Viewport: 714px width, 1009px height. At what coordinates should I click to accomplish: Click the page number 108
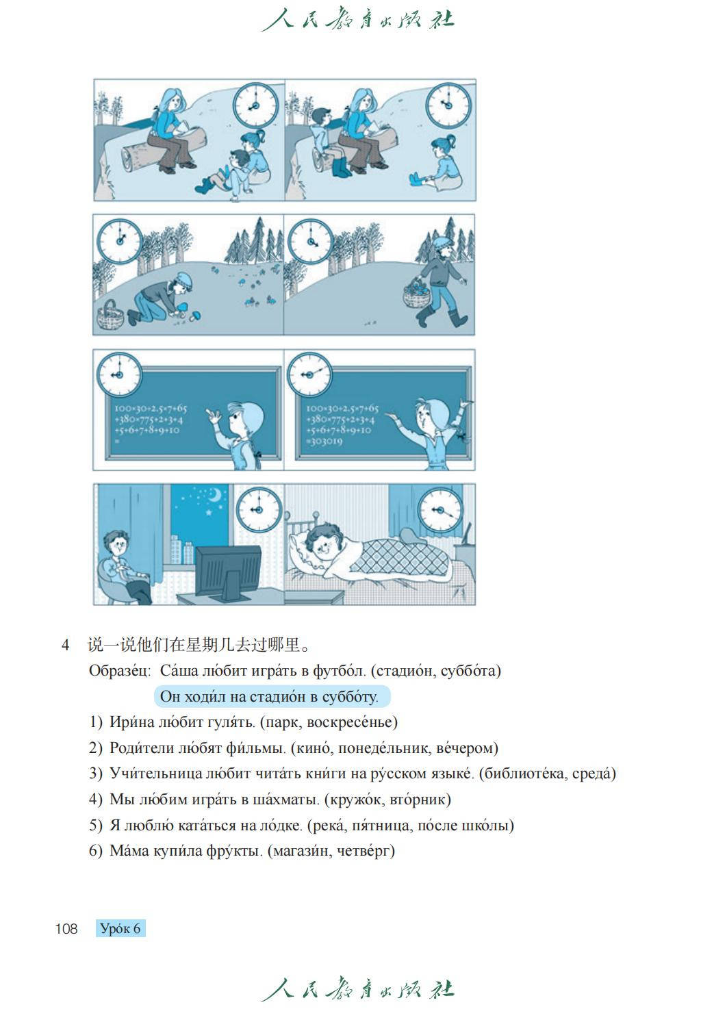click(x=66, y=928)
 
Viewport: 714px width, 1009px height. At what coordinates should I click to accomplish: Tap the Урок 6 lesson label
click(x=120, y=928)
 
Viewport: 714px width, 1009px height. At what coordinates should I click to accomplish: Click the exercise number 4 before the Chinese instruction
click(x=65, y=645)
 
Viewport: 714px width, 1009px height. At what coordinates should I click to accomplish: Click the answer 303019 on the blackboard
click(x=326, y=442)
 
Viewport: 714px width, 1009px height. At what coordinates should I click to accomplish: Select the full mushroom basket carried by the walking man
click(x=416, y=293)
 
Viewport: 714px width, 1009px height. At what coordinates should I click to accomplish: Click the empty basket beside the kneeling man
click(x=110, y=316)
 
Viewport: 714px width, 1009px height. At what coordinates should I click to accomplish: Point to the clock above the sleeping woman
click(x=440, y=511)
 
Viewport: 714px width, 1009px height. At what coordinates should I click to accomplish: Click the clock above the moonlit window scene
click(x=258, y=509)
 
